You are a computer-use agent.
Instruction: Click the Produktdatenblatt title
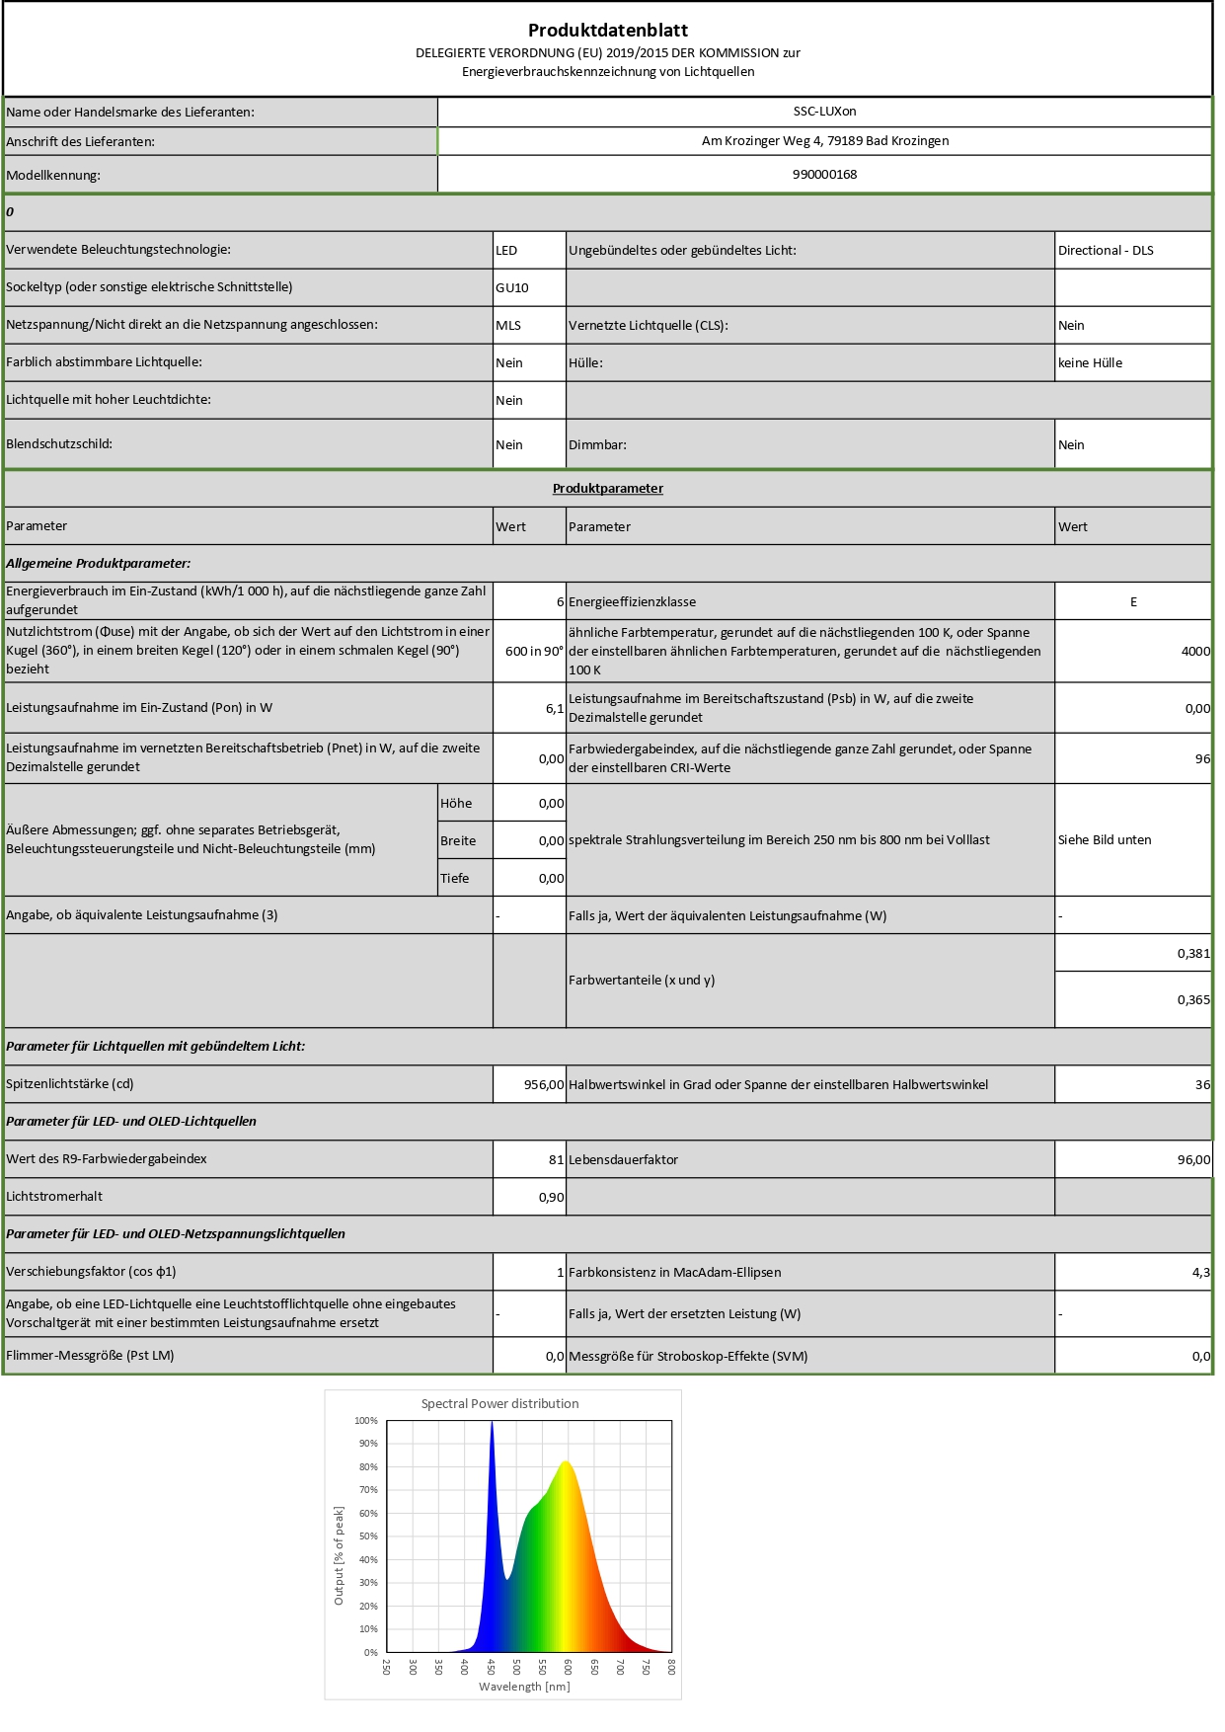click(x=607, y=30)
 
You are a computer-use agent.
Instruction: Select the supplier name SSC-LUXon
click(x=824, y=112)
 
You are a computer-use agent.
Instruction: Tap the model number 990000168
click(x=824, y=175)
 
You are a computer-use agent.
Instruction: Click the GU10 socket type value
click(x=512, y=288)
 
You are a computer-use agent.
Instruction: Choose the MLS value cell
click(x=508, y=326)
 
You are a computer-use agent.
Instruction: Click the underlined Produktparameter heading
click(x=607, y=489)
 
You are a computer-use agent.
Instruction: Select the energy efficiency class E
click(x=1133, y=602)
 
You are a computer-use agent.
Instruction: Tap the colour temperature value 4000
click(x=1194, y=652)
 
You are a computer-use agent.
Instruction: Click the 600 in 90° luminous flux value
click(x=534, y=652)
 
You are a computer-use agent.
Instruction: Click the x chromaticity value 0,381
click(x=1192, y=954)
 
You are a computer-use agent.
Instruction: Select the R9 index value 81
click(x=556, y=1160)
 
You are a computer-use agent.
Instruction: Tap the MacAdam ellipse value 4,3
click(x=1200, y=1273)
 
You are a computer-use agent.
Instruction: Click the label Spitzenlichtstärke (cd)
click(x=70, y=1084)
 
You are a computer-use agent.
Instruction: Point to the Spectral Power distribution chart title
click(x=499, y=1404)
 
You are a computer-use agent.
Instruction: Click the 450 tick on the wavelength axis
click(x=491, y=1667)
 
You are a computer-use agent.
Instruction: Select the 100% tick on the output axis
click(x=366, y=1421)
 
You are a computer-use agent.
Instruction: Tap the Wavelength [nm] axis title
click(x=524, y=1687)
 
